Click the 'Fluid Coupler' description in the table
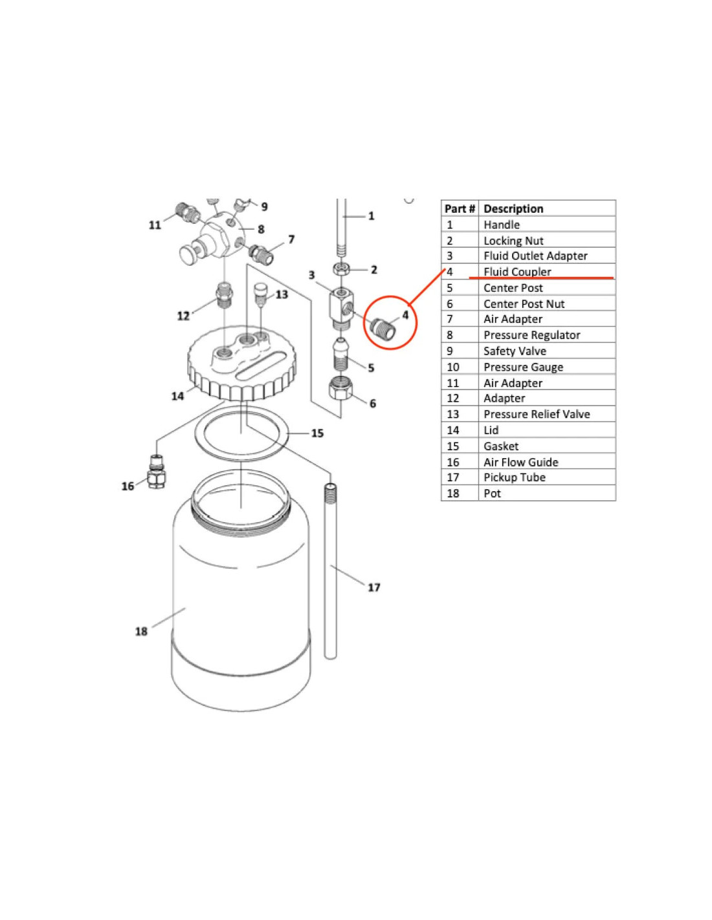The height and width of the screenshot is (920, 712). (x=517, y=271)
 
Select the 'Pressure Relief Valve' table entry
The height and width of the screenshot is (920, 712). (x=536, y=413)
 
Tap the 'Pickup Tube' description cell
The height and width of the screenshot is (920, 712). (x=514, y=477)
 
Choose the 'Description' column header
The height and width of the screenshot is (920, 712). (x=513, y=209)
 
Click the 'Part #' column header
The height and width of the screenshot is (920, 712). (x=460, y=209)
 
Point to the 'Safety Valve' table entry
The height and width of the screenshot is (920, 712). (x=515, y=351)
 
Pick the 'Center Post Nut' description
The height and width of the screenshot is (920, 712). (x=524, y=303)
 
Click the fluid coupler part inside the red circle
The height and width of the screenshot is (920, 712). (x=383, y=329)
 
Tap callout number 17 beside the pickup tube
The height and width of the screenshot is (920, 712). (x=374, y=587)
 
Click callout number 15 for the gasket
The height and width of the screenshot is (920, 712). (x=317, y=433)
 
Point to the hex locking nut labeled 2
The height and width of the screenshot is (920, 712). (x=341, y=268)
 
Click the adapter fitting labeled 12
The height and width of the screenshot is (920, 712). (x=225, y=296)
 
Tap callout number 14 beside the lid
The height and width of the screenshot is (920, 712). (x=178, y=396)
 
